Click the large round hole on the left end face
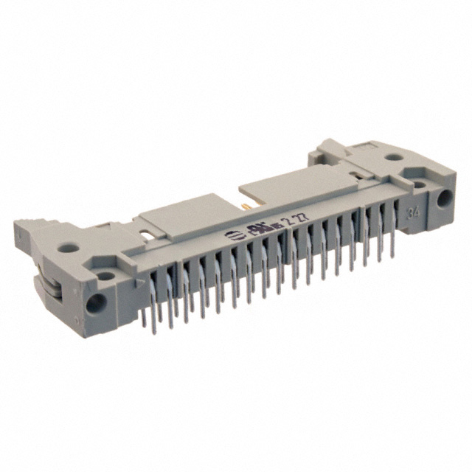pyautogui.click(x=94, y=302)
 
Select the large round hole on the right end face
pyautogui.click(x=444, y=198)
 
